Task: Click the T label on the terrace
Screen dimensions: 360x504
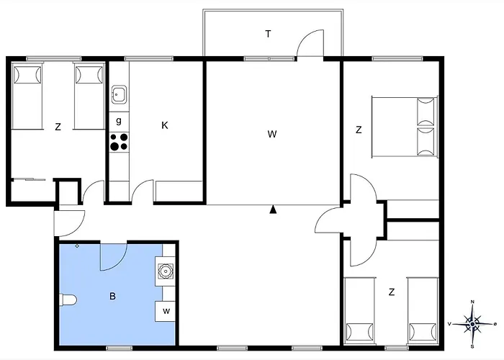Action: pos(268,34)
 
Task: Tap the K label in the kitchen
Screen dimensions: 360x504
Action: pos(165,125)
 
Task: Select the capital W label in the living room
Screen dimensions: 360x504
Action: pos(271,133)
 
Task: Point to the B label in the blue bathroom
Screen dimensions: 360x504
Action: pos(112,295)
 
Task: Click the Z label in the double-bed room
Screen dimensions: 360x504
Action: pos(358,130)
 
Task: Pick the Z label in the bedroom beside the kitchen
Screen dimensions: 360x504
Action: pos(58,127)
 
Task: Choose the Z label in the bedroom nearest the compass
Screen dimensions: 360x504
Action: pos(392,292)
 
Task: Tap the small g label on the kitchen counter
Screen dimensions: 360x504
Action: pos(119,120)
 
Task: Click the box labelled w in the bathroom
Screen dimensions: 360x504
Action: pos(166,311)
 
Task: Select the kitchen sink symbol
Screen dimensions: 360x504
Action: pos(119,94)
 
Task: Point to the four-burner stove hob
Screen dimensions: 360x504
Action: pos(119,141)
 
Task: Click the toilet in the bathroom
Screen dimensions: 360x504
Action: pos(68,300)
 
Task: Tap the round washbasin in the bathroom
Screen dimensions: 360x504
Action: pos(166,272)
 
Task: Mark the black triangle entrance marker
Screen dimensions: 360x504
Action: pos(274,210)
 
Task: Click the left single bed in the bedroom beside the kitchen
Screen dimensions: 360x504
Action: pos(27,96)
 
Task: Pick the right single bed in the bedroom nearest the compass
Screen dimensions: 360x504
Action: pos(422,310)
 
